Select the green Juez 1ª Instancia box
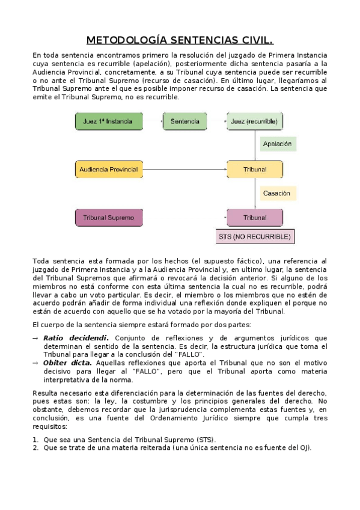point(109,121)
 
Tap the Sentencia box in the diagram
point(185,121)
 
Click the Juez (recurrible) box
point(254,121)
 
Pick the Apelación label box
point(277,144)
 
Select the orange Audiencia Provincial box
point(109,169)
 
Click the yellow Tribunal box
point(254,169)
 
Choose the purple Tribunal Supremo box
point(109,217)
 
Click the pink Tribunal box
point(254,217)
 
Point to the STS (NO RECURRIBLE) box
point(255,236)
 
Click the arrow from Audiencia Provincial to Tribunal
point(184,169)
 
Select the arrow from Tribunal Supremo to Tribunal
point(184,217)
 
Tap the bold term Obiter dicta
point(67,363)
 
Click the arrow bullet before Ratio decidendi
point(35,338)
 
